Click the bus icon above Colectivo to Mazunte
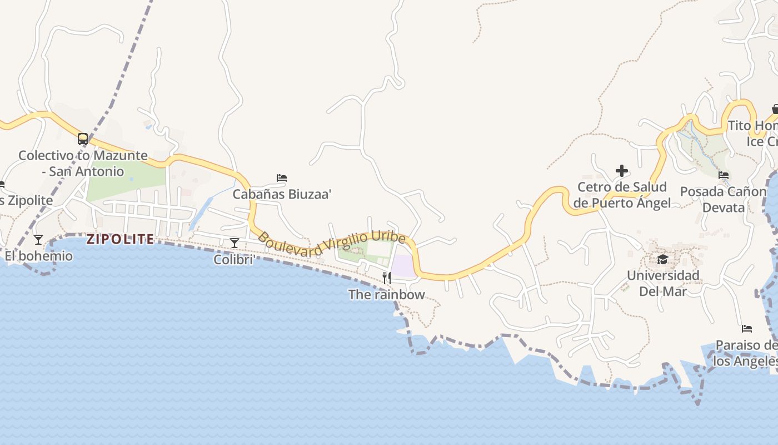[83, 139]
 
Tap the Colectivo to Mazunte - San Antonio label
[83, 164]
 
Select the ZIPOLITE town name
[120, 239]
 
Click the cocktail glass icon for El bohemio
[38, 240]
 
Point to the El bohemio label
[39, 256]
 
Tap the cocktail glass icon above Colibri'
[235, 243]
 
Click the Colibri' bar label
[235, 259]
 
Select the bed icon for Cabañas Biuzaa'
[282, 178]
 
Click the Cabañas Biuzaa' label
[282, 194]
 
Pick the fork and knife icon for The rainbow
[386, 278]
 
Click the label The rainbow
[386, 294]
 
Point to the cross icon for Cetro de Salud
[622, 171]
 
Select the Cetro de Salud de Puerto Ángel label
[622, 195]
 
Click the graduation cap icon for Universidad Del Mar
[662, 259]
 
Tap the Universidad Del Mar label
[663, 283]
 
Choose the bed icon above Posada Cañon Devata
[724, 175]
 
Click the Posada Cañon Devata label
[723, 200]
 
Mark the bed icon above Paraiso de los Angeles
[747, 329]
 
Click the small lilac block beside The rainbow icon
[404, 265]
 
